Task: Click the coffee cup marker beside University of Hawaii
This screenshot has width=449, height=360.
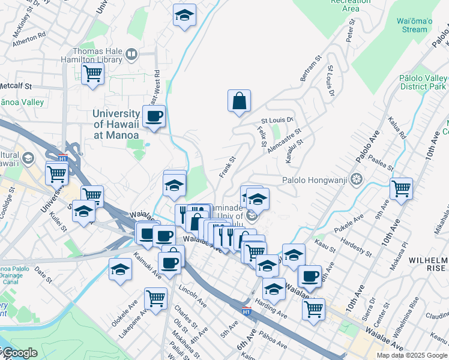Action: pos(154,116)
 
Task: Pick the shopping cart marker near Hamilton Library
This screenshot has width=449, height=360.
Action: pos(92,75)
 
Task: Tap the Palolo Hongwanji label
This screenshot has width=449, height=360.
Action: pos(316,179)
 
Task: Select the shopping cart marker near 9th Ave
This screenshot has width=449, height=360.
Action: pos(400,188)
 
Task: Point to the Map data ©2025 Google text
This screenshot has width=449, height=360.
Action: pos(412,355)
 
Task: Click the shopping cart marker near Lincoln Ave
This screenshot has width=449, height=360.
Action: pos(155,298)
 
